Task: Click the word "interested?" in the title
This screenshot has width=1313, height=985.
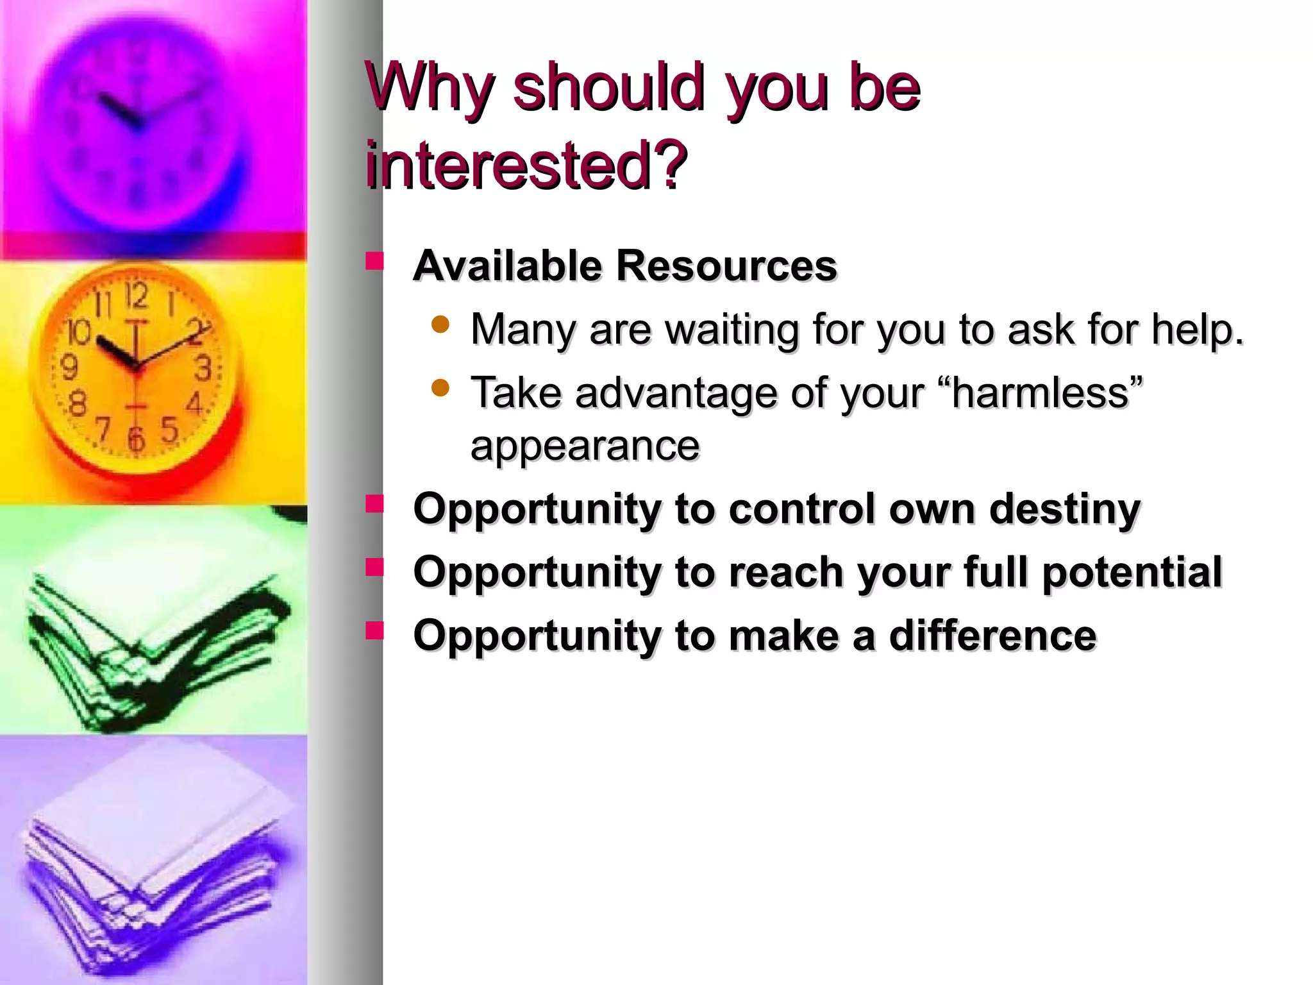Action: (526, 165)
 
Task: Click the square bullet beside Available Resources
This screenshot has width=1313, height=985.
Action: (374, 261)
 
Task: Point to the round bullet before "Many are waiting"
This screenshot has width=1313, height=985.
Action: (440, 324)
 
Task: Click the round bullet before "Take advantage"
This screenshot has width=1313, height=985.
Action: (440, 388)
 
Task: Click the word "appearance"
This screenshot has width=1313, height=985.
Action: (585, 446)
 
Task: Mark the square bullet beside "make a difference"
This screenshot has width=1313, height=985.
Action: (374, 631)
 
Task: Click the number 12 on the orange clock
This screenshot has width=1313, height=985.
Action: (136, 296)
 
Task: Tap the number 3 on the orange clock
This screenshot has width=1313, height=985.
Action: (203, 369)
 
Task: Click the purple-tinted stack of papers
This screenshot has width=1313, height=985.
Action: (154, 866)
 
